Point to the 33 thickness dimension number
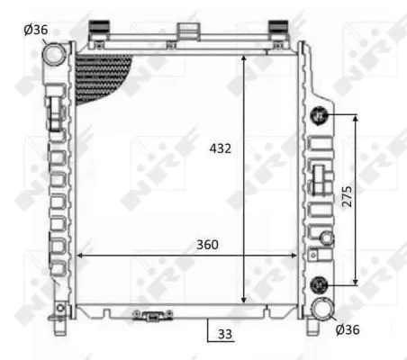click(224, 333)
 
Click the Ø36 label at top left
click(36, 30)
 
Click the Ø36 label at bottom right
click(348, 329)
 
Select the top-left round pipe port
click(56, 54)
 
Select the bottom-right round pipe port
click(321, 310)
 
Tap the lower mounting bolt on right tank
click(318, 284)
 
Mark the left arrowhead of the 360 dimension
click(80, 256)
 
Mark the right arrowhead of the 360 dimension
click(296, 256)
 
